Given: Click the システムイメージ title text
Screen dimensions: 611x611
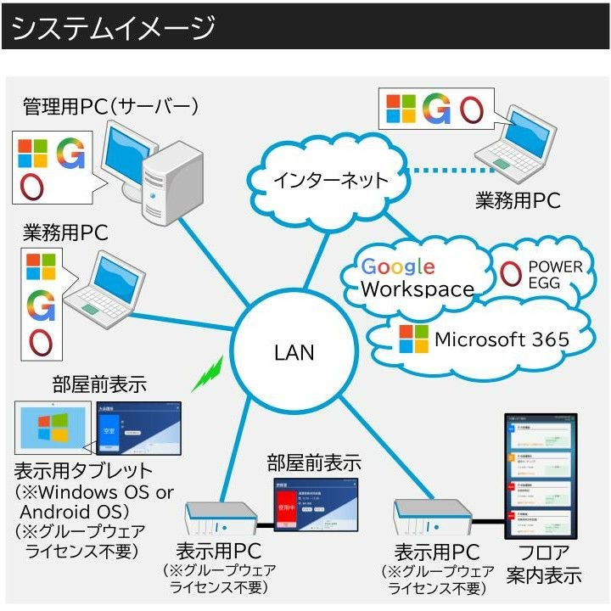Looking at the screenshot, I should coord(114,28).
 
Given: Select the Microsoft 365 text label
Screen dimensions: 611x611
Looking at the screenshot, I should coord(502,339).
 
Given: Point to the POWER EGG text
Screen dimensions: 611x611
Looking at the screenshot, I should coord(555,274).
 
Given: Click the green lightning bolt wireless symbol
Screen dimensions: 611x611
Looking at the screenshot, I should coord(206,374).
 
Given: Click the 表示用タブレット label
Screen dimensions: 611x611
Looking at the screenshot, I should coord(83,470).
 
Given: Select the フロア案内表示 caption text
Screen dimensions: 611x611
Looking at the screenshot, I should coord(544,563).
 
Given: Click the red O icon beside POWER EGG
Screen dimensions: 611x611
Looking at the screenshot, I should coord(511,273).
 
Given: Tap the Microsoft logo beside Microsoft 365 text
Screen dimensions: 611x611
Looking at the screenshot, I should coord(413,339).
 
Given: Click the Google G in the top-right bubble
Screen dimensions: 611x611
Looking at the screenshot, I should coord(436,109).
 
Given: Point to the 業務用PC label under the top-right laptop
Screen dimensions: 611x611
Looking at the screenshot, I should coord(518,200).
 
